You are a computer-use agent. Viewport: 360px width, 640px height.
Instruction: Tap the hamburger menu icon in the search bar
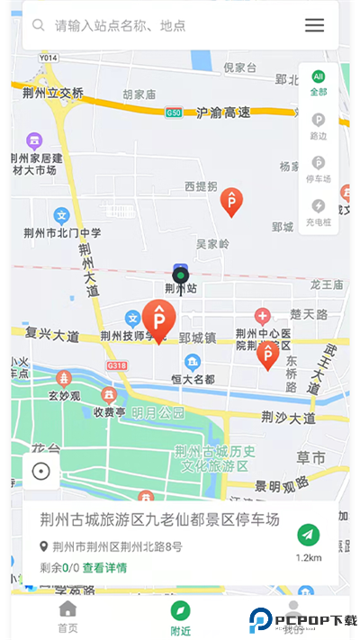click(x=314, y=25)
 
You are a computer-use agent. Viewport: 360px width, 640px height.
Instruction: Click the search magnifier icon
click(x=39, y=25)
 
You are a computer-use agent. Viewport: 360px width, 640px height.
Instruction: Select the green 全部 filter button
click(x=319, y=82)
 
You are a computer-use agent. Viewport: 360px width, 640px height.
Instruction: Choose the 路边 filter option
click(x=319, y=125)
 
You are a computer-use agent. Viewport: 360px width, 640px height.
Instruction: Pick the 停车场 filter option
click(x=319, y=168)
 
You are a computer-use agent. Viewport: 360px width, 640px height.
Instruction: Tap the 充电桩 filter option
click(x=319, y=212)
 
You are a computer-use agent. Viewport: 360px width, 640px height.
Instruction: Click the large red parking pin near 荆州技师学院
click(x=158, y=320)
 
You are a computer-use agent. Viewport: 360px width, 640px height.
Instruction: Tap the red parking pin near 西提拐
click(x=232, y=202)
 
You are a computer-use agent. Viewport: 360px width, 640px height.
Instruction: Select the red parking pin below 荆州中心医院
click(x=267, y=355)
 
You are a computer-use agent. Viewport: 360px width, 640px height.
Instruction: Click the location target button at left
click(x=40, y=471)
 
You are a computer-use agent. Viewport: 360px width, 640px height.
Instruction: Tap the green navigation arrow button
click(x=309, y=535)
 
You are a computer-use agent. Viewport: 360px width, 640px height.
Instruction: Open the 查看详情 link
click(x=104, y=568)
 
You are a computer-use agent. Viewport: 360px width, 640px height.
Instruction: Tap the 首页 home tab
click(x=67, y=618)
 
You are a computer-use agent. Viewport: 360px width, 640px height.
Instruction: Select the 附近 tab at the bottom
click(x=181, y=618)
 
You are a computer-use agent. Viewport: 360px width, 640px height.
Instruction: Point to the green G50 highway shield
click(x=174, y=113)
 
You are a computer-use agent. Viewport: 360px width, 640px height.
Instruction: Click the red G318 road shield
click(x=116, y=366)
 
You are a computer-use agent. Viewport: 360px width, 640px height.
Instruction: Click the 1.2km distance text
click(x=309, y=558)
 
